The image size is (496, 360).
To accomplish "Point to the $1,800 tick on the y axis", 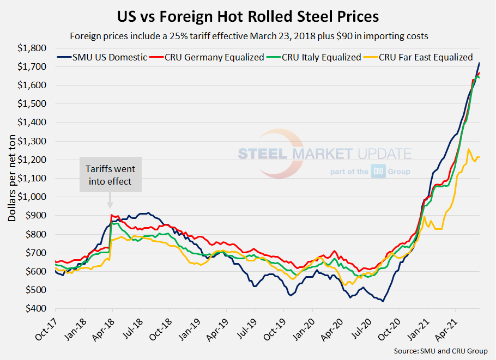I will pyautogui.click(x=34, y=48).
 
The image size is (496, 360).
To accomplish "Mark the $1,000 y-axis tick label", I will pyautogui.click(x=34, y=197).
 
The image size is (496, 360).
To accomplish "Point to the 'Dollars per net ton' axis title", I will pyautogui.click(x=11, y=178).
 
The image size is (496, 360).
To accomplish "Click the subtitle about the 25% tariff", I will pyautogui.click(x=248, y=36).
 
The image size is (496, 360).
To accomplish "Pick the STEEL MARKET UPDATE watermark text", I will pyautogui.click(x=324, y=154).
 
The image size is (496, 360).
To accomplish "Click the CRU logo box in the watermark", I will pyautogui.click(x=378, y=172).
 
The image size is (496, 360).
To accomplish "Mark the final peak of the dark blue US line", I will pyautogui.click(x=479, y=63).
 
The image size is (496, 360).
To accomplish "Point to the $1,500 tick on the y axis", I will pyautogui.click(x=34, y=103).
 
